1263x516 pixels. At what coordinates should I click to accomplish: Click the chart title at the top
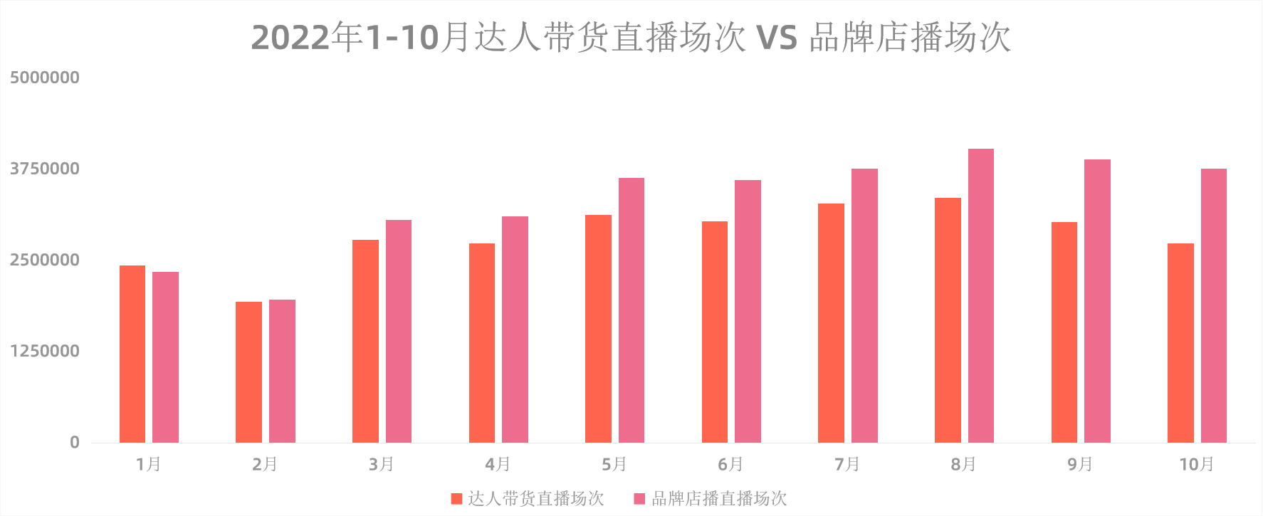pos(631,37)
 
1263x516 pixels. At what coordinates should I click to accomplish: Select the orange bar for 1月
pos(132,354)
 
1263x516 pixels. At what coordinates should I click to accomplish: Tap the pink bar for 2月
pos(282,371)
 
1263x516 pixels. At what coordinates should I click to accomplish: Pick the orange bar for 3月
pos(365,341)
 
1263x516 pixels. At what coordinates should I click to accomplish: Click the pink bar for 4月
pos(515,329)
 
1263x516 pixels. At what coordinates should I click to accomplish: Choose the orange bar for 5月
pos(598,328)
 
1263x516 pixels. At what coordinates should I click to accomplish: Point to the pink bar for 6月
pos(748,311)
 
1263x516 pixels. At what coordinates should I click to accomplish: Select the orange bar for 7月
pos(831,322)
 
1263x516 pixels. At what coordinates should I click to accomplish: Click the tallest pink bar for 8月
pos(980,295)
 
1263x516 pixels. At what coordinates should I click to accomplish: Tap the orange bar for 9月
pos(1064,332)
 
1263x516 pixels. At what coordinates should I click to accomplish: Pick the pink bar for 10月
pos(1213,305)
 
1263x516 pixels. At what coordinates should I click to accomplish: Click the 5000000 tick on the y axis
pos(44,78)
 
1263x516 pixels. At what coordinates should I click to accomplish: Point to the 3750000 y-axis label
pos(44,169)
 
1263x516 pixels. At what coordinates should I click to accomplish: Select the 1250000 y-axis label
pos(44,351)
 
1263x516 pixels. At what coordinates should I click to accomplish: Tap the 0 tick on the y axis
pos(74,443)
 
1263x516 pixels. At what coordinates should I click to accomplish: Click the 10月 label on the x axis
pos(1196,465)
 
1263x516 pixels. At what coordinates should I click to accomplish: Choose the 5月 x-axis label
pos(614,465)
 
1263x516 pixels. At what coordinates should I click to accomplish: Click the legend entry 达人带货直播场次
pos(528,498)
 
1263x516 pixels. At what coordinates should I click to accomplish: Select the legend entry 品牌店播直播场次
pos(711,498)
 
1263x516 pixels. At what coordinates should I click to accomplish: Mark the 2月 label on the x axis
pos(265,465)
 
